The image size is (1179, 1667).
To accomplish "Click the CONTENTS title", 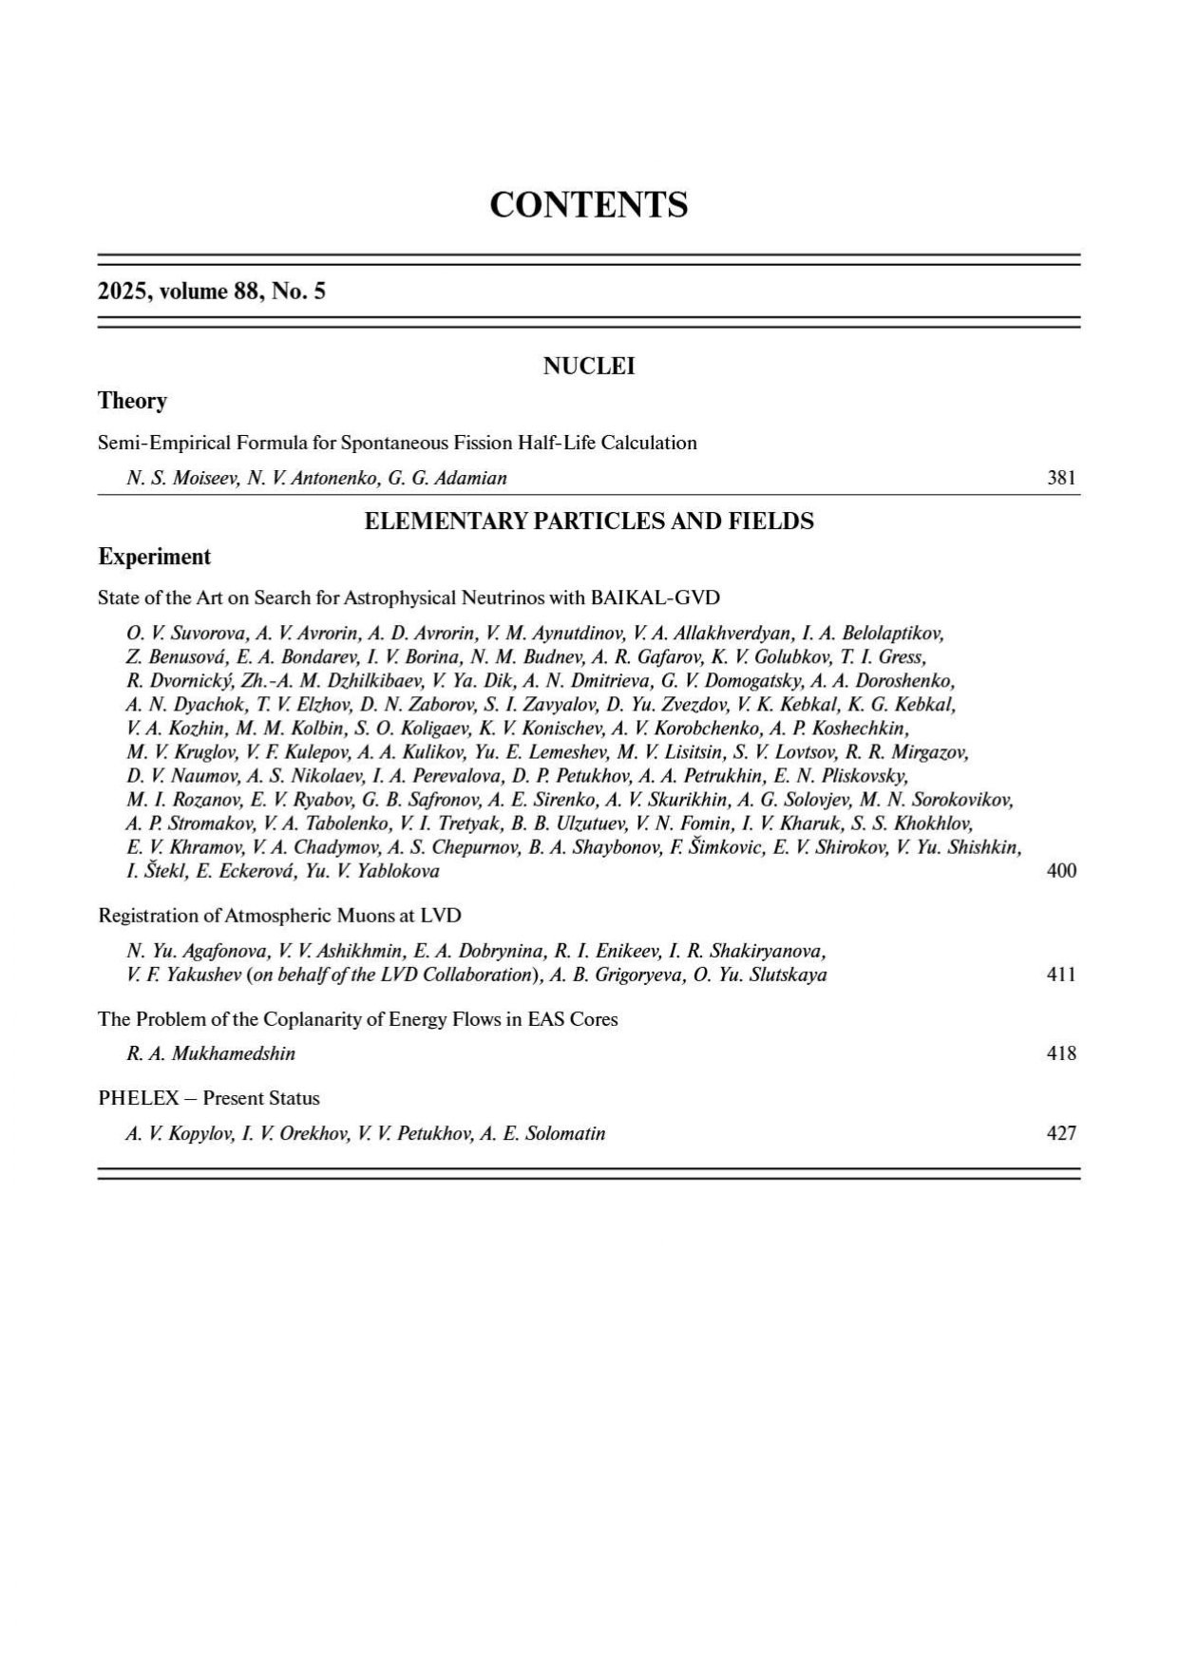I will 588,205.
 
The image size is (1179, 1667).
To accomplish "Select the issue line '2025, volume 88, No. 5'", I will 212,292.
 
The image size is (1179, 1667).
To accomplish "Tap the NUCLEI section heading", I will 588,367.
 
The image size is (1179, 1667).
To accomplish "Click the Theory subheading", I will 132,401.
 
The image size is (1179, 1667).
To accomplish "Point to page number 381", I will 1061,478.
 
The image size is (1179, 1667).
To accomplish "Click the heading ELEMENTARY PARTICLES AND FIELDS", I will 588,521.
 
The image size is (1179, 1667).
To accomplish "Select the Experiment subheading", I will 154,557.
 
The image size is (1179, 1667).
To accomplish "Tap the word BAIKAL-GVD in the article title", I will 655,598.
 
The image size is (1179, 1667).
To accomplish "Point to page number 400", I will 1061,871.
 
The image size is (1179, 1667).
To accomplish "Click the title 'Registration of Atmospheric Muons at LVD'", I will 279,916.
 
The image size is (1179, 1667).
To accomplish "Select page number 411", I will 1061,975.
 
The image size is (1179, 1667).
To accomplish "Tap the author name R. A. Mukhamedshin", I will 211,1053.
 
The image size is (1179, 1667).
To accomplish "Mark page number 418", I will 1061,1053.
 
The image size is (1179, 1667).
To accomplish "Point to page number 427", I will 1061,1133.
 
